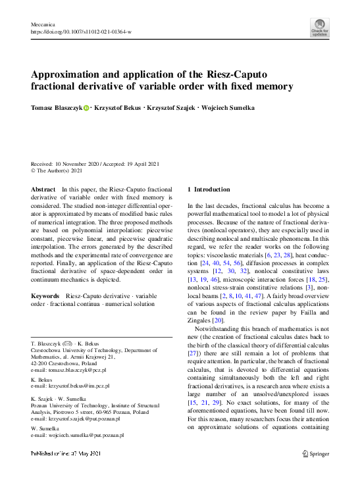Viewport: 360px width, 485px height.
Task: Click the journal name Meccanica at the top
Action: point(42,24)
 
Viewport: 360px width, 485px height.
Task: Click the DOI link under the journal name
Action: point(81,31)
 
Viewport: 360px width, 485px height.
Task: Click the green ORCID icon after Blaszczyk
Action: point(86,107)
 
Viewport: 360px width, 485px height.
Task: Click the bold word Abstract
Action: point(43,189)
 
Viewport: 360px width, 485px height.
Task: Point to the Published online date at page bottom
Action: point(66,453)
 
